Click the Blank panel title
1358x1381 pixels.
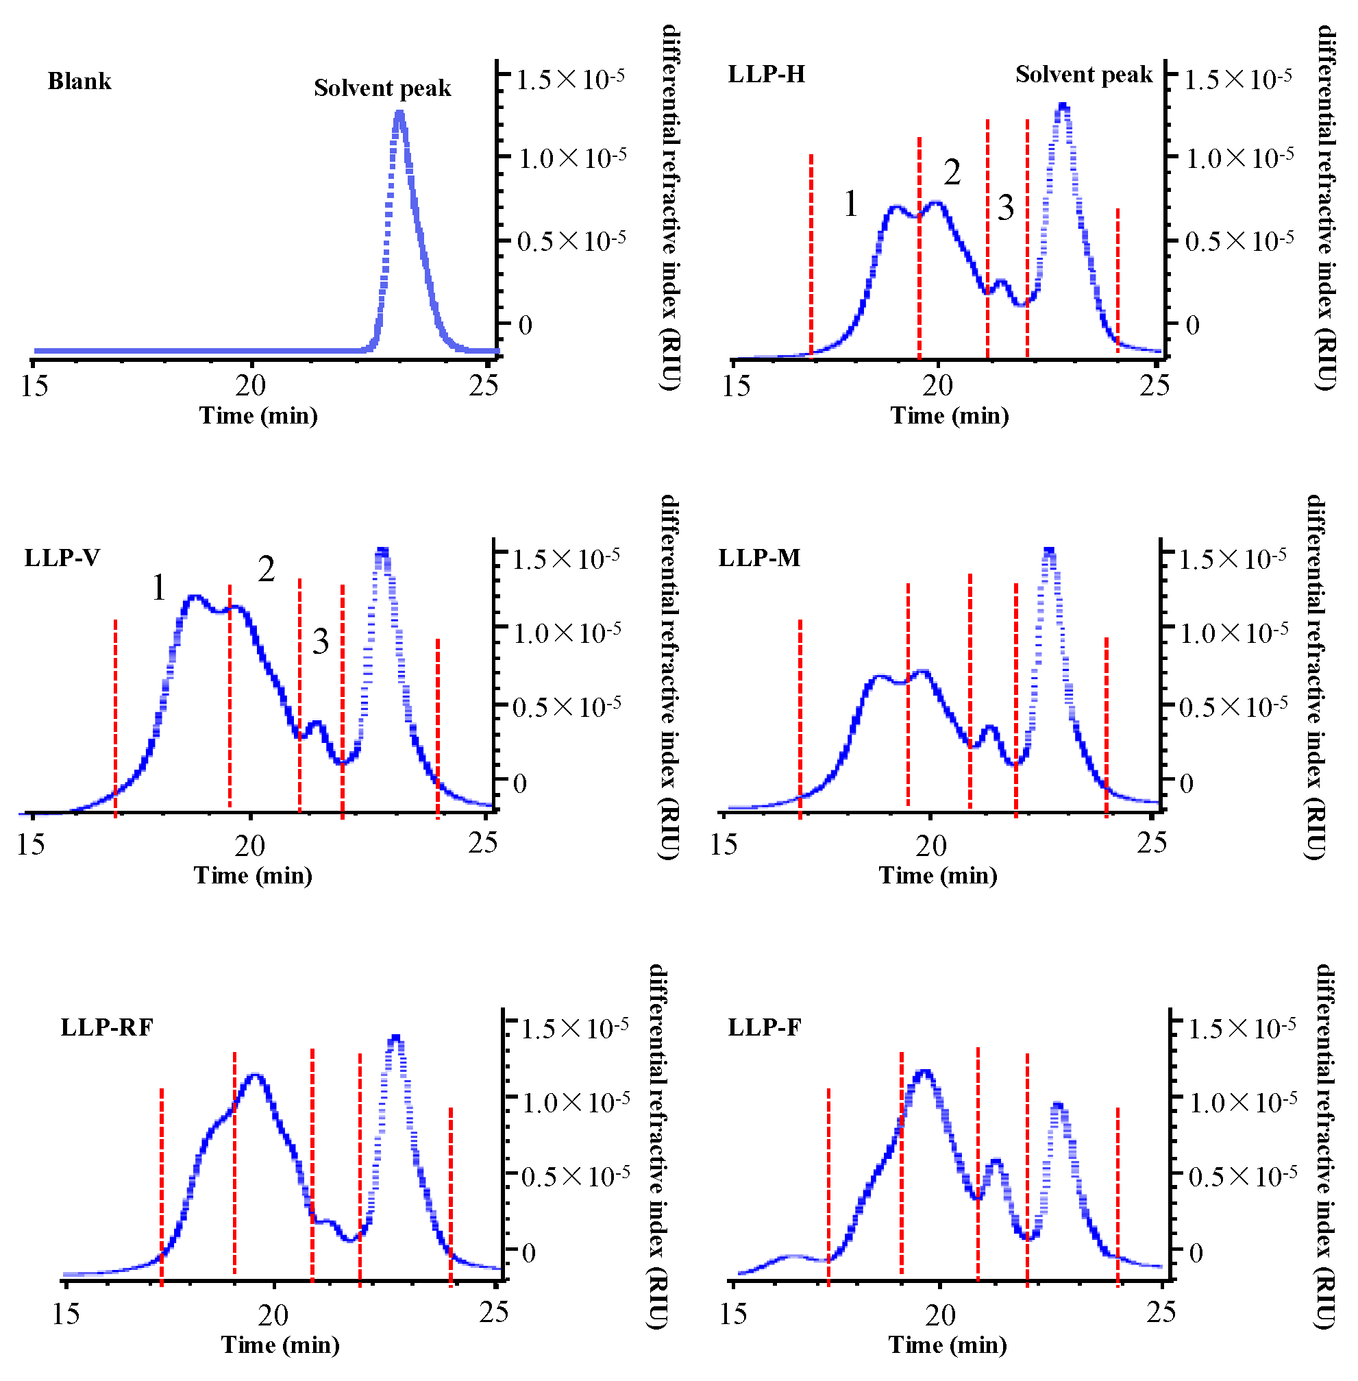[x=79, y=81]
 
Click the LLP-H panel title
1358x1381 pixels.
[x=766, y=73]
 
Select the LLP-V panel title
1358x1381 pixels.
[x=62, y=557]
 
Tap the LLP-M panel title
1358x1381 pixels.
[x=759, y=557]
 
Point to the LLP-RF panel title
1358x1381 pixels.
[x=106, y=1027]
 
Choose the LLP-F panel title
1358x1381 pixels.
[x=764, y=1027]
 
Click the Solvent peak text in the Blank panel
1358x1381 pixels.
[x=382, y=88]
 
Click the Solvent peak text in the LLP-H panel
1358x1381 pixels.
[x=1083, y=73]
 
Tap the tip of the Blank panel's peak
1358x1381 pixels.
[x=399, y=112]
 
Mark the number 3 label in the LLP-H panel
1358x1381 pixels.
[x=1005, y=208]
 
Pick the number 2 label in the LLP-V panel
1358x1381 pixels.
[x=266, y=569]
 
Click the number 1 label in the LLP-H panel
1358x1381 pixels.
[x=850, y=204]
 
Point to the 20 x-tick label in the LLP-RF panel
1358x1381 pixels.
[x=273, y=1315]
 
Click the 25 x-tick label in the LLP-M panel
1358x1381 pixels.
[x=1152, y=843]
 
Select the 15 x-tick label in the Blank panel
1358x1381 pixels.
[x=34, y=386]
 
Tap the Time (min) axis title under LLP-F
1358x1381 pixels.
[x=947, y=1345]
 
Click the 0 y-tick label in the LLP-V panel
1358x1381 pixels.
[x=520, y=783]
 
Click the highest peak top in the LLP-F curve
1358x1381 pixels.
[x=925, y=1071]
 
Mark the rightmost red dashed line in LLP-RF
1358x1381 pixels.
[x=451, y=1195]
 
